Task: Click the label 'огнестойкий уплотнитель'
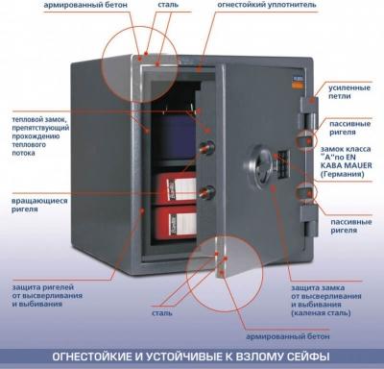[x=267, y=5]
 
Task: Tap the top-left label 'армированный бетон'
[x=85, y=5]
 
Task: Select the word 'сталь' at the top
[x=168, y=5]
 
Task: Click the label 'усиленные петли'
[x=349, y=92]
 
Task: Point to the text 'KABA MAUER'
[x=346, y=165]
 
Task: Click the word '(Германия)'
[x=343, y=174]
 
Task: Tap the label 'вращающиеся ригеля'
[x=39, y=205]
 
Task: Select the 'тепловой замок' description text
[x=40, y=136]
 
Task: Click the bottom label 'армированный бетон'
[x=287, y=336]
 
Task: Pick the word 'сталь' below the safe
[x=162, y=313]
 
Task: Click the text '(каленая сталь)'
[x=321, y=312]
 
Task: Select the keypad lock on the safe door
[x=282, y=163]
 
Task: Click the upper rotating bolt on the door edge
[x=206, y=147]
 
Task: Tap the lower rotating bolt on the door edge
[x=206, y=191]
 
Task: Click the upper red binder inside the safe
[x=176, y=187]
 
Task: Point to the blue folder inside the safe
[x=175, y=136]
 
